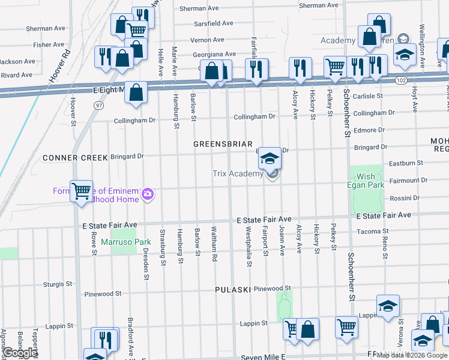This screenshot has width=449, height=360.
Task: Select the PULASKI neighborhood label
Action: coord(232,290)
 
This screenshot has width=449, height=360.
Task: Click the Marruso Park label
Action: coord(117,243)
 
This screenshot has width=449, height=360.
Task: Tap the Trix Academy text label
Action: coord(238,174)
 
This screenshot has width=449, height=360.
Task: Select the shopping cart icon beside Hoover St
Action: coord(82,191)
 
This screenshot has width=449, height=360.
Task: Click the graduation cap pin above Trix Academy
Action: coord(270,159)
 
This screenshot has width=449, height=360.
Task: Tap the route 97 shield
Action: coord(98,105)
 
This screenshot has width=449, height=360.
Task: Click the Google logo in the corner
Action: coord(20,353)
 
